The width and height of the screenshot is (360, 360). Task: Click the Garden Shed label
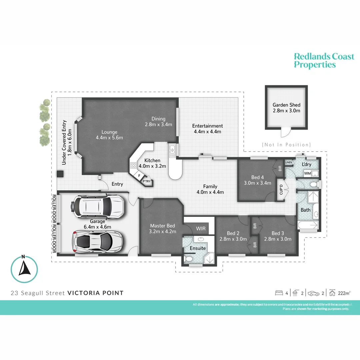[x=286, y=108]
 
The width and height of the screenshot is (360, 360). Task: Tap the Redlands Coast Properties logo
[x=323, y=60]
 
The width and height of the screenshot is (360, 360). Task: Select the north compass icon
[x=24, y=269]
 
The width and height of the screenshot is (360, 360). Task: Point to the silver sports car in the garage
[x=97, y=241]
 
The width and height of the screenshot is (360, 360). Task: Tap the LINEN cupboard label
[x=289, y=162]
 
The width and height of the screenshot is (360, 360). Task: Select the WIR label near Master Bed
[x=201, y=229]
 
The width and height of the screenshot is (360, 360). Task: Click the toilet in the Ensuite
[x=189, y=259]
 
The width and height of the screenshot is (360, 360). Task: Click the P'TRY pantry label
[x=147, y=181]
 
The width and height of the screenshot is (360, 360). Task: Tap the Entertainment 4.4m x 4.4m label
[x=207, y=129]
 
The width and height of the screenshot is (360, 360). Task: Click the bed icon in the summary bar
[x=279, y=293]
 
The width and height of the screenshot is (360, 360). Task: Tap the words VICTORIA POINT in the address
[x=95, y=293]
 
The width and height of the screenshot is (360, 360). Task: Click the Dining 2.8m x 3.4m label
[x=158, y=122]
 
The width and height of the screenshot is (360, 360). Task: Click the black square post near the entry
[x=60, y=174]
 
